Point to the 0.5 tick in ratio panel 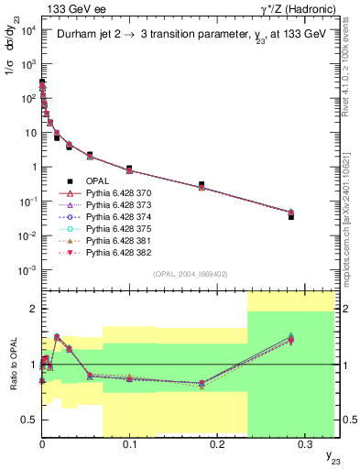[x=31, y=420]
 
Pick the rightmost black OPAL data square [x=290, y=216]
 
